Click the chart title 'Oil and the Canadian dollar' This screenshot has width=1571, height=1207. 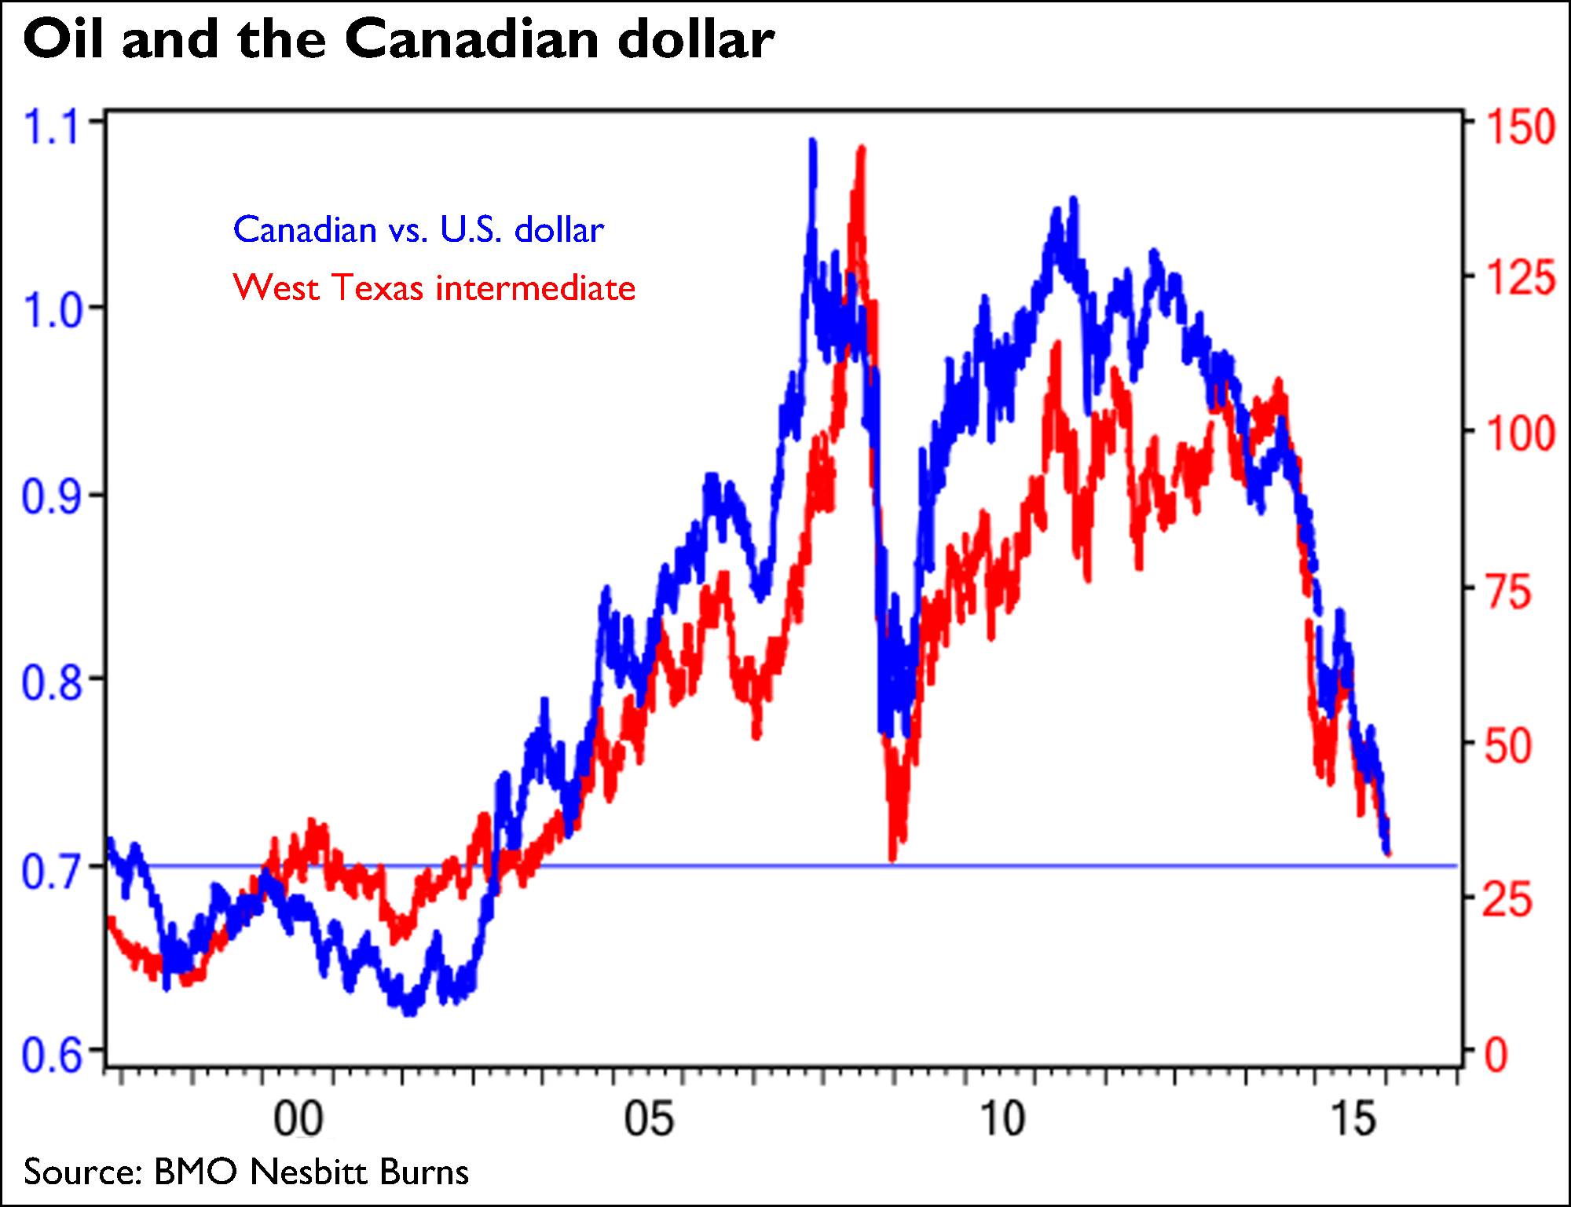[399, 41]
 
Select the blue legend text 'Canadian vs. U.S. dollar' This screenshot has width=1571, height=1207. [419, 230]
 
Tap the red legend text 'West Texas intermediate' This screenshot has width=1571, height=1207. [434, 288]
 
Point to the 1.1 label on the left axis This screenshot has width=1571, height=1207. [53, 128]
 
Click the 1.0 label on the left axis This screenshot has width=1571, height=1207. [53, 312]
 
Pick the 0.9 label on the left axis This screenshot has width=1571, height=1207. [51, 497]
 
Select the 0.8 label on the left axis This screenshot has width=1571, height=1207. [51, 682]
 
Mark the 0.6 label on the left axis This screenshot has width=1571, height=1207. [51, 1055]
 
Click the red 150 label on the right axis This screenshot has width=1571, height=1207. [1519, 127]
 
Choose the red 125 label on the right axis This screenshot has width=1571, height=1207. [1519, 278]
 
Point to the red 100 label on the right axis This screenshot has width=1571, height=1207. [1519, 433]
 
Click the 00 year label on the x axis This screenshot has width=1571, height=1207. [298, 1118]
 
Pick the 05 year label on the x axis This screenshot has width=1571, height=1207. [649, 1118]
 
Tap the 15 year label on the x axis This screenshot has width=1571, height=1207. [1354, 1118]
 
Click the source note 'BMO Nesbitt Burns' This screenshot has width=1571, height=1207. [311, 1172]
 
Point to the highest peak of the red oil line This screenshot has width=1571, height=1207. [862, 149]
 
